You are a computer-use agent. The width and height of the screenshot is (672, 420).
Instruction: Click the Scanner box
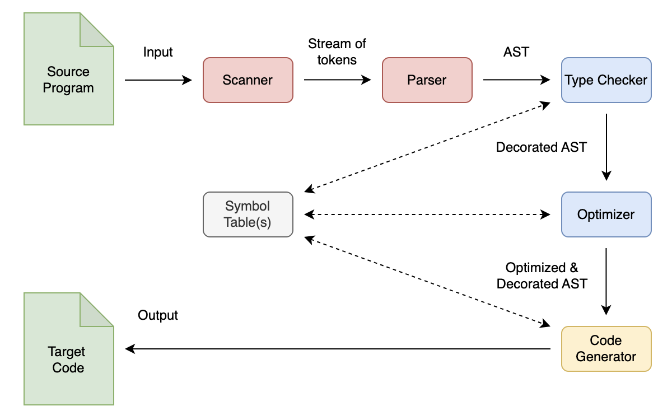(x=248, y=80)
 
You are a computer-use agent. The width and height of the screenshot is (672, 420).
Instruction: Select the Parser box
(x=427, y=80)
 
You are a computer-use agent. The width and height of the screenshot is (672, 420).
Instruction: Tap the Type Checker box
(x=606, y=80)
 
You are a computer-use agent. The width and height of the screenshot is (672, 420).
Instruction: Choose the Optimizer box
(x=606, y=214)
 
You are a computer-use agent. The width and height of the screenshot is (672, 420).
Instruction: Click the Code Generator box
(x=606, y=349)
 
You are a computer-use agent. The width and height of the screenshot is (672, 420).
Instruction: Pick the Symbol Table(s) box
(x=248, y=214)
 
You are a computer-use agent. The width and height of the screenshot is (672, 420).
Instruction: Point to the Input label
(x=158, y=52)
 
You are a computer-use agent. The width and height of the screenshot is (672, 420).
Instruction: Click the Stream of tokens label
(x=337, y=52)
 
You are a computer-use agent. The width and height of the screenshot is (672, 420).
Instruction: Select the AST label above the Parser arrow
(x=516, y=52)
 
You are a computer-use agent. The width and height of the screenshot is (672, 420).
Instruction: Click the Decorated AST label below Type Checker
(x=542, y=147)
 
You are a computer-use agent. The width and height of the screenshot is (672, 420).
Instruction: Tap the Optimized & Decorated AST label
(x=542, y=276)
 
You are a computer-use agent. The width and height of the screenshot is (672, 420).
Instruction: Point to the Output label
(x=158, y=315)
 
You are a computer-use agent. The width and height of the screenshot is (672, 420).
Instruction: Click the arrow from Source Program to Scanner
(x=158, y=80)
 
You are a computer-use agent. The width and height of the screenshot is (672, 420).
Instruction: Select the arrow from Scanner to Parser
(x=337, y=80)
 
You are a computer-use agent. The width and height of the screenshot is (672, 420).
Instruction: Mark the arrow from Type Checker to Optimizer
(x=606, y=147)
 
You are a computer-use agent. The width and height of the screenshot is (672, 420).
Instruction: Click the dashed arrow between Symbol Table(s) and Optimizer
(x=427, y=214)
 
